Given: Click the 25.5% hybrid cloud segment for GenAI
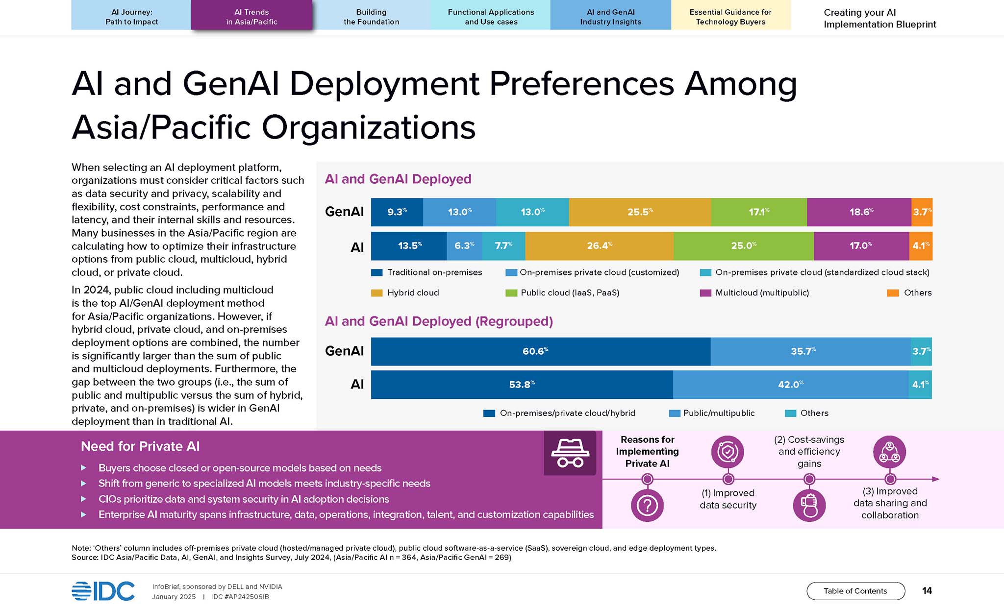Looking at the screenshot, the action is pos(640,212).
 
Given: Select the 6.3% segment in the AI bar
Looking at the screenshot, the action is pos(464,246).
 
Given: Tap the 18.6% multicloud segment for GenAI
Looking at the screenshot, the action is pos(859,212).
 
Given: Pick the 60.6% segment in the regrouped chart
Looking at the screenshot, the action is pos(541,351).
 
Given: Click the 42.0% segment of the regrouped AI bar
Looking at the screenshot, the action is pos(791,385).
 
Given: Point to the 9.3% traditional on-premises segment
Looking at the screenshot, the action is pos(397,212).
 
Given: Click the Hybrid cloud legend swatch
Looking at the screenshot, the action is pos(376,293).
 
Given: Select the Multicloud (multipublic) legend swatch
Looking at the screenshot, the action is pos(705,293).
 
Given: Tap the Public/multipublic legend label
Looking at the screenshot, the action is pos(719,413).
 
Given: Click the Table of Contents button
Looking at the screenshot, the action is pos(855,591).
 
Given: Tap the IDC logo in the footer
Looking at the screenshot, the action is pos(103,591).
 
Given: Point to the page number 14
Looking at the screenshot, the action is pos(927,591).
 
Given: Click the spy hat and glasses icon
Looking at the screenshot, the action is pos(570,453).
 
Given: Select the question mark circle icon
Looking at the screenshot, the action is pos(647,505).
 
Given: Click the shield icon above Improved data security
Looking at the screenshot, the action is pos(728,452).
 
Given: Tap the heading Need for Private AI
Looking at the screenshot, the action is pos(140,446).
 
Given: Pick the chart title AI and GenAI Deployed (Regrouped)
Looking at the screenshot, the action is pos(439,321).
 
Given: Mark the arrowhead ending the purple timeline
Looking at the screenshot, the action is pos(936,479).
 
